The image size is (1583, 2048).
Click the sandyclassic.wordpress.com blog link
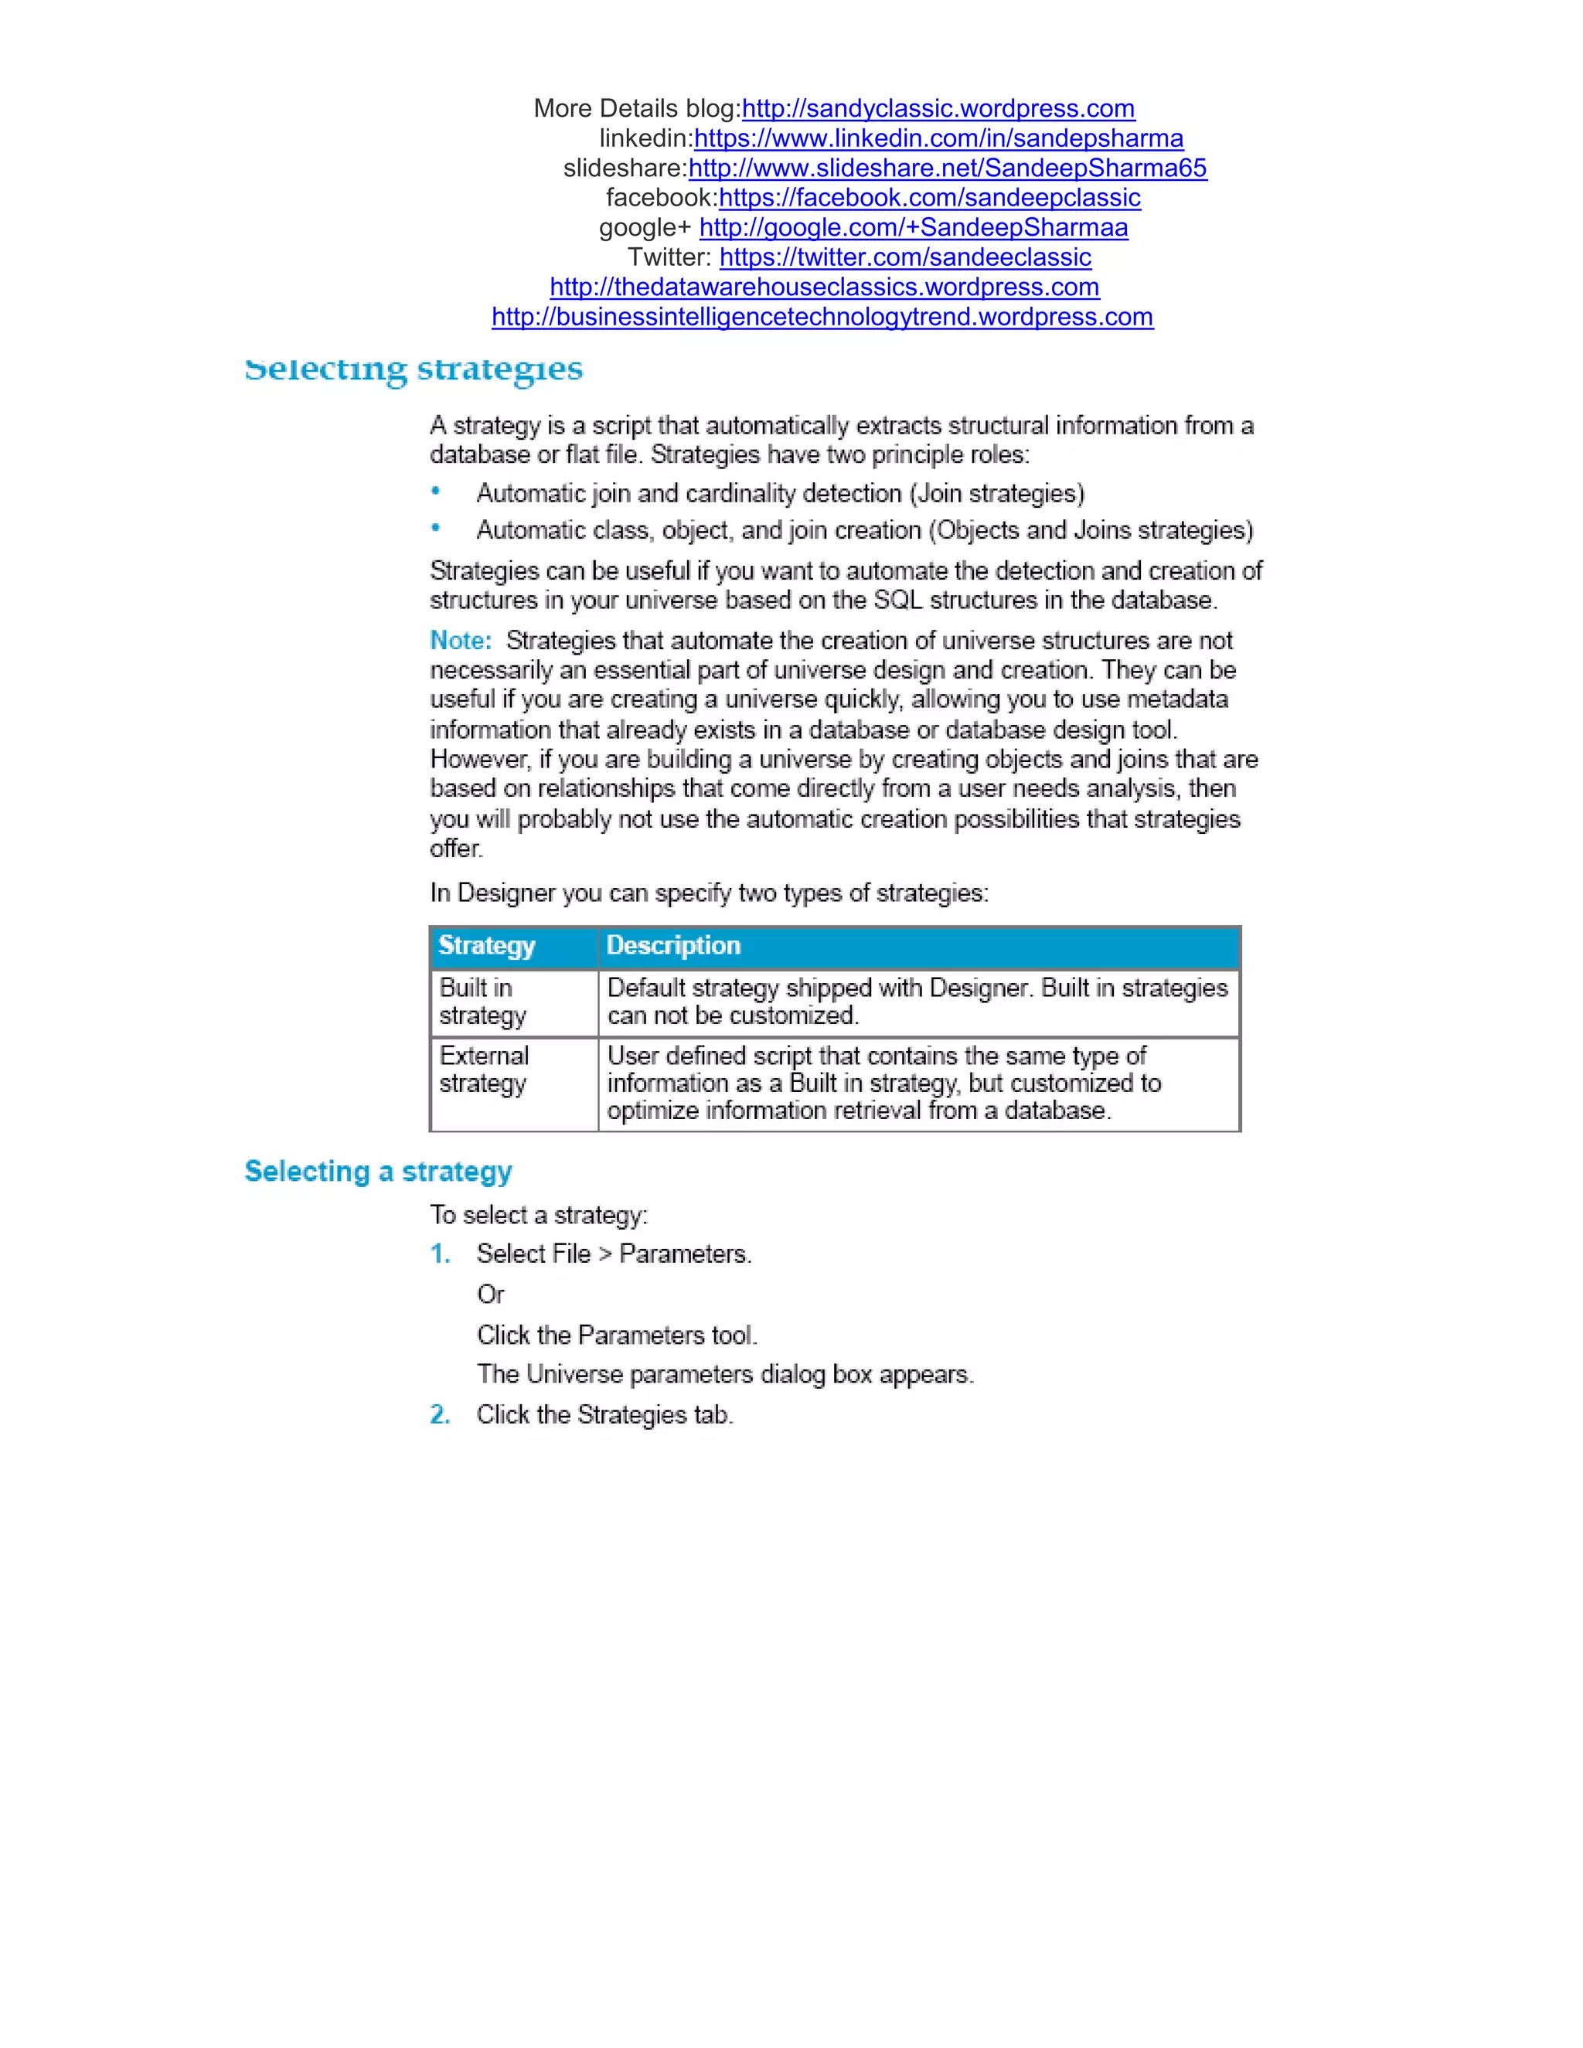pos(938,109)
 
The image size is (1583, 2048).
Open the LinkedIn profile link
pos(938,139)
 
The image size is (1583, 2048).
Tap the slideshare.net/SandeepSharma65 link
pos(947,168)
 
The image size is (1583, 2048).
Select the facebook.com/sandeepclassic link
pos(929,198)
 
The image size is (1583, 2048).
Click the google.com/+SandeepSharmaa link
pos(914,228)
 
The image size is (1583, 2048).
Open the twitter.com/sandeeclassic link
pos(905,258)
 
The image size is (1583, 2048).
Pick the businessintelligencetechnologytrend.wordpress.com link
pos(822,317)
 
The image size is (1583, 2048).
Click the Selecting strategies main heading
pos(414,369)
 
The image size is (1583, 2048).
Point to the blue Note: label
pos(461,641)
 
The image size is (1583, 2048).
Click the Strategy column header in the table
pos(487,945)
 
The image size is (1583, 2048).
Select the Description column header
pos(673,945)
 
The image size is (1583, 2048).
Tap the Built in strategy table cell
pos(483,1002)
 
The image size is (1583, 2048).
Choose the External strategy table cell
pos(484,1069)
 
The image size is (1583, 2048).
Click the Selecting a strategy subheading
pos(378,1171)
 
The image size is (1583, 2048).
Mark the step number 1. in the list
pos(440,1254)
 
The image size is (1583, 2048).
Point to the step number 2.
pos(440,1414)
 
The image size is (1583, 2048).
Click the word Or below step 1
pos(491,1294)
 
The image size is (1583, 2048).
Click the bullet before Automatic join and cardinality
pos(435,491)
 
